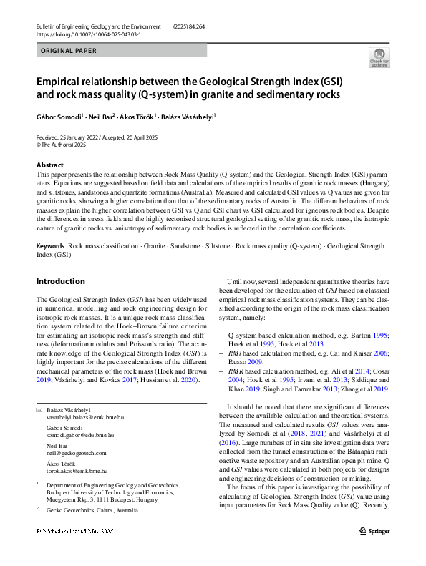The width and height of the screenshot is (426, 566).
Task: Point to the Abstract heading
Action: point(50,165)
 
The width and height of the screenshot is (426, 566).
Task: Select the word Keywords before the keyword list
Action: point(52,246)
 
